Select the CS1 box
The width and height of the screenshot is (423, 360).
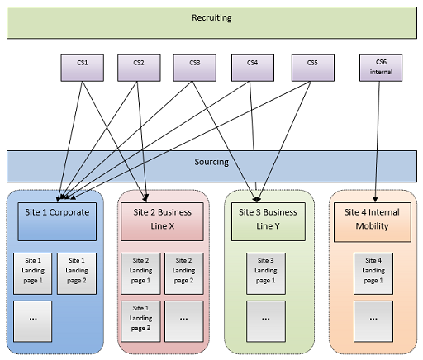[83, 67]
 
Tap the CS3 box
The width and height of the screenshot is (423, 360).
[194, 67]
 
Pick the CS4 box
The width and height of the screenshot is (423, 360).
[252, 67]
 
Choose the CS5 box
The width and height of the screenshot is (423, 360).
[311, 67]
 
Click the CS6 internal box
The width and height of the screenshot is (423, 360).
[381, 67]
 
